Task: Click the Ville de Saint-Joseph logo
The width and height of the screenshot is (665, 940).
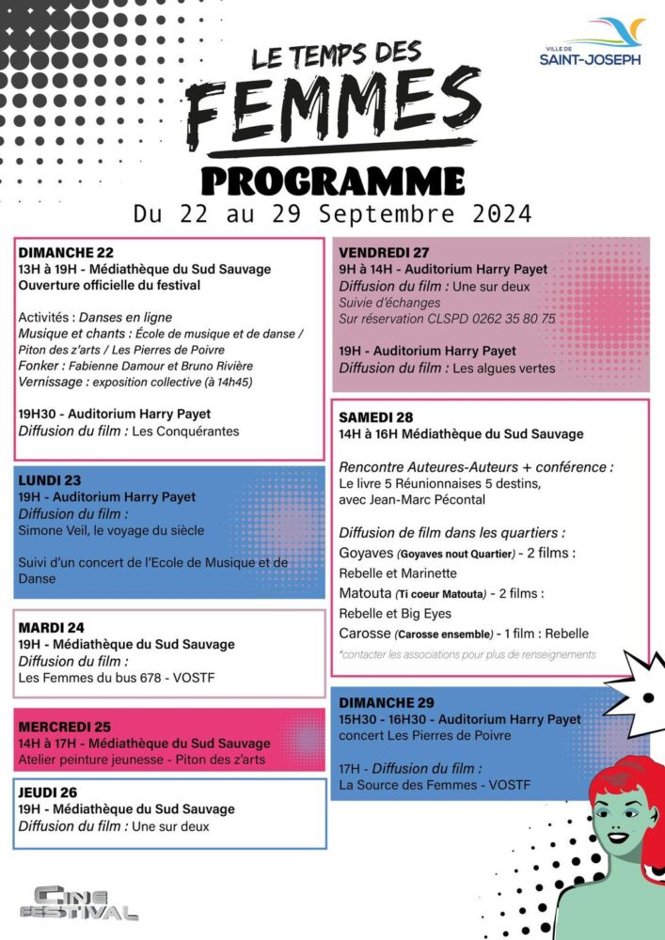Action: pyautogui.click(x=591, y=42)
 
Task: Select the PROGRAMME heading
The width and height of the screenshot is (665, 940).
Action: pyautogui.click(x=333, y=180)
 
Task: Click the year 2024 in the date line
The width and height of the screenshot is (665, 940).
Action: pyautogui.click(x=491, y=213)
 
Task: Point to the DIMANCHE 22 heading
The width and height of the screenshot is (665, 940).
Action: pyautogui.click(x=66, y=252)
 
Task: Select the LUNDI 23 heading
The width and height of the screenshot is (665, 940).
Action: pyautogui.click(x=50, y=480)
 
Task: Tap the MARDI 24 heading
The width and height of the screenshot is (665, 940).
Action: pyautogui.click(x=52, y=627)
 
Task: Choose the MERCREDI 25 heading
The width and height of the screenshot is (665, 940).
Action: pyautogui.click(x=65, y=727)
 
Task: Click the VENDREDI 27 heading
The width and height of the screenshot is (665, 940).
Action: pyautogui.click(x=384, y=252)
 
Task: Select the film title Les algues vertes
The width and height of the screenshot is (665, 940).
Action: pyautogui.click(x=504, y=368)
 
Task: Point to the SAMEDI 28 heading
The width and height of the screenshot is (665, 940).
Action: pyautogui.click(x=376, y=416)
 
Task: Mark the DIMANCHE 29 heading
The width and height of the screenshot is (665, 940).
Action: pyautogui.click(x=387, y=702)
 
